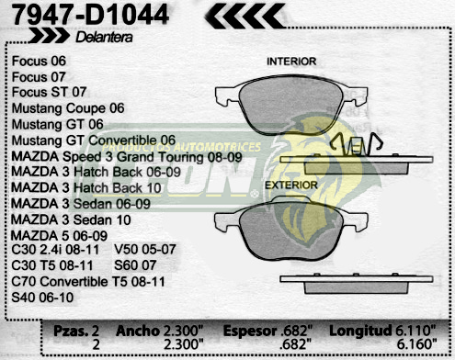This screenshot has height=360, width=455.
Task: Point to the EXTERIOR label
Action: pyautogui.click(x=291, y=185)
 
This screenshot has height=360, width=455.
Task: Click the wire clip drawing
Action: pyautogui.click(x=355, y=146)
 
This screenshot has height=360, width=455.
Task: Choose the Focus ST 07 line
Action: pyautogui.click(x=50, y=92)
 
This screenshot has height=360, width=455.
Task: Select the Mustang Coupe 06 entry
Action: pyautogui.click(x=68, y=107)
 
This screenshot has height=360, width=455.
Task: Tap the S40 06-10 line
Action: pyautogui.click(x=42, y=298)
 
